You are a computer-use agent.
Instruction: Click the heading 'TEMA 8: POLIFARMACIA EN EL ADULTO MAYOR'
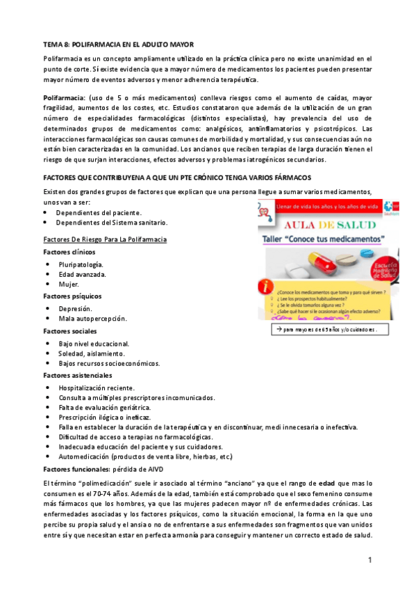point(119,44)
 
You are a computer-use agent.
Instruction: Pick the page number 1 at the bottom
point(370,560)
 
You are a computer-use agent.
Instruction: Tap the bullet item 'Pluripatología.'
point(81,264)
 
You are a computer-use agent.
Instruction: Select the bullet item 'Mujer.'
point(69,284)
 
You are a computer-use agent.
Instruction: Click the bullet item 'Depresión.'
point(76,308)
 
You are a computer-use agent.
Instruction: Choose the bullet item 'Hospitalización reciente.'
point(97,388)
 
